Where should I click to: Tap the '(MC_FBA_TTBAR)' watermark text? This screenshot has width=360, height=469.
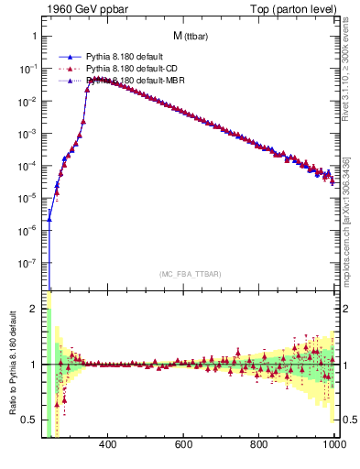pyautogui.click(x=190, y=274)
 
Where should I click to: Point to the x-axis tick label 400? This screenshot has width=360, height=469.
pyautogui.click(x=107, y=445)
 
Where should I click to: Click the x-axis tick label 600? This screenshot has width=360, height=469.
pyautogui.click(x=183, y=445)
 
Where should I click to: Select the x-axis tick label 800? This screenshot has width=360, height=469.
pyautogui.click(x=259, y=445)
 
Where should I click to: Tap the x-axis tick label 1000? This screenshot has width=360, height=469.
pyautogui.click(x=333, y=445)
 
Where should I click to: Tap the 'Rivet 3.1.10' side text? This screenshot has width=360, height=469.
pyautogui.click(x=351, y=78)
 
